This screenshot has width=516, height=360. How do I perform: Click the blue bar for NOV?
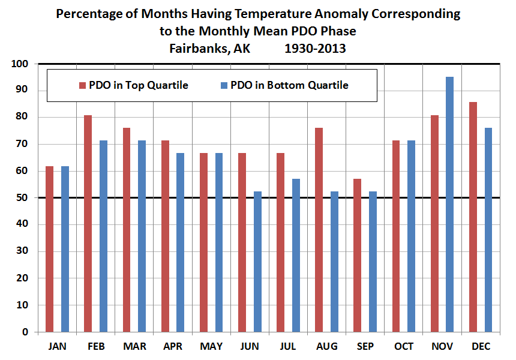coord(450,204)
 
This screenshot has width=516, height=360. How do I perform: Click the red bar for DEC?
coord(473,217)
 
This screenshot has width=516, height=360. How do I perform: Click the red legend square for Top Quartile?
coord(82,85)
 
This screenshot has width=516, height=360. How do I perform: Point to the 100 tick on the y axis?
coord(21,64)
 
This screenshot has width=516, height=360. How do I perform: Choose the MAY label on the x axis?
coord(211,347)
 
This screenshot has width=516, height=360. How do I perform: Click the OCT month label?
coord(404,347)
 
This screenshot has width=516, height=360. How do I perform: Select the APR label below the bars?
coord(173,347)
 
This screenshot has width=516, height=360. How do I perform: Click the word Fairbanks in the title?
coord(199,48)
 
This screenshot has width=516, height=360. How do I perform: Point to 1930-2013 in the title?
coord(315,48)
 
